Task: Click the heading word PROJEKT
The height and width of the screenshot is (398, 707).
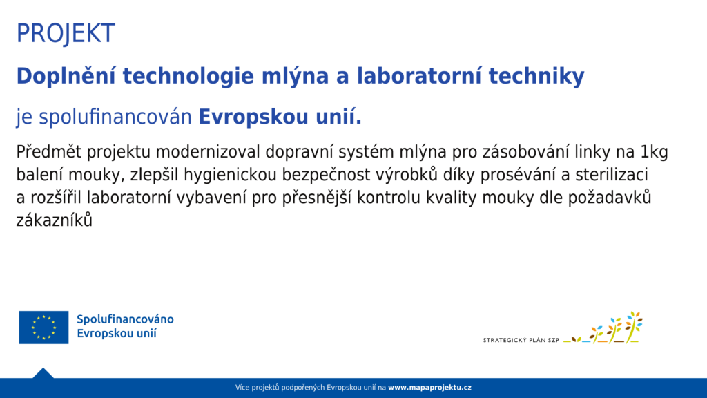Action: (x=66, y=33)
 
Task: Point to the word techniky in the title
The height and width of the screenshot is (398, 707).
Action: (x=536, y=75)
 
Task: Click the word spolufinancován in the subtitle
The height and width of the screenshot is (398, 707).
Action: (x=115, y=117)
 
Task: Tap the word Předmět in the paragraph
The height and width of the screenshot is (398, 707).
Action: (x=49, y=151)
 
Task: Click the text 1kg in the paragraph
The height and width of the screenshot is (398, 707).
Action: (x=654, y=153)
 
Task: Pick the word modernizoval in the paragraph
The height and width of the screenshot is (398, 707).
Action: (x=208, y=151)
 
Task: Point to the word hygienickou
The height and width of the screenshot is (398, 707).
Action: (x=230, y=175)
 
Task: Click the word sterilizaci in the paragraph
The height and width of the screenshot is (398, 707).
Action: (x=612, y=174)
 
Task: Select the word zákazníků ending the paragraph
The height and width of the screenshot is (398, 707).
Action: (x=54, y=220)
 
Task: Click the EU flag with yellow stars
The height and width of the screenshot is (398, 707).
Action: (x=43, y=327)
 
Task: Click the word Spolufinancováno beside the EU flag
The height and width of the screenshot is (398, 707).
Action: (x=125, y=319)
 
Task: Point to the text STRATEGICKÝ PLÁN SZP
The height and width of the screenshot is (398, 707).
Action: (x=521, y=340)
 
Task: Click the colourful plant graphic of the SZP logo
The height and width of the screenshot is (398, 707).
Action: (x=603, y=328)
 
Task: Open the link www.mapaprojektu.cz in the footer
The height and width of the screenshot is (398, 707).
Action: (x=429, y=388)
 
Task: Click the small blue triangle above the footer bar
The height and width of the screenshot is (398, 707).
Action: (x=43, y=374)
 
